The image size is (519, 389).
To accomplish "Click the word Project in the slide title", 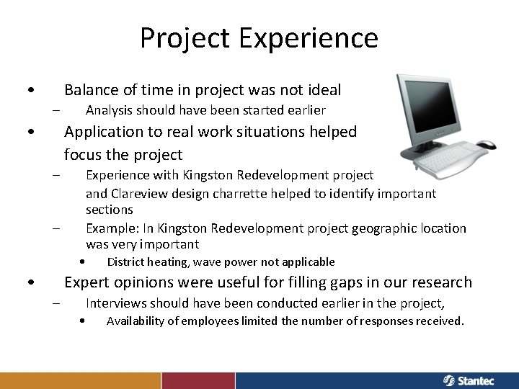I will (183, 38).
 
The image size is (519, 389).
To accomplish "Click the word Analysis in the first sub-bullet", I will (110, 111).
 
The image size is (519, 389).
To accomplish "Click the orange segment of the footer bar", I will (80, 380).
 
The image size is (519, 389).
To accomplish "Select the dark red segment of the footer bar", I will (198, 380).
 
